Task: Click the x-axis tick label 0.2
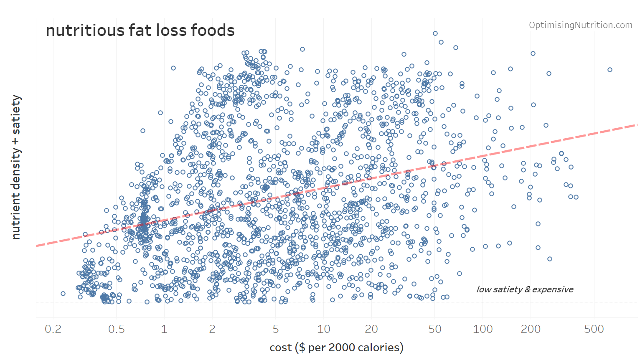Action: tap(53, 329)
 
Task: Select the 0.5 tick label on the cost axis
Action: tap(117, 329)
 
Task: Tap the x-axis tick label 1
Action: tap(164, 329)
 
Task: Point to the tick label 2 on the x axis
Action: tap(212, 329)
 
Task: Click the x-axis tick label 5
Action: tap(276, 329)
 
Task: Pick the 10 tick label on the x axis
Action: tap(324, 329)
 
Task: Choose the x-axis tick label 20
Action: tap(371, 329)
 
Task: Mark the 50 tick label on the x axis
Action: tap(435, 329)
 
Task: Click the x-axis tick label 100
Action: tap(483, 329)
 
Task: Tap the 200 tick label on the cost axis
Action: tap(531, 329)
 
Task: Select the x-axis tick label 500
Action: tap(594, 329)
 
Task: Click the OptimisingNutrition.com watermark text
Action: tap(581, 25)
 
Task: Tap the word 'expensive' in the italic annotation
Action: tap(553, 289)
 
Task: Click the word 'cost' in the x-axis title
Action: tap(281, 347)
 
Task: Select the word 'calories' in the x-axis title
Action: tap(379, 347)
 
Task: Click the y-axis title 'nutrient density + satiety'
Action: tap(16, 167)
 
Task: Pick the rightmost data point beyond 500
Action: tap(610, 70)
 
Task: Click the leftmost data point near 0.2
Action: tap(63, 294)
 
